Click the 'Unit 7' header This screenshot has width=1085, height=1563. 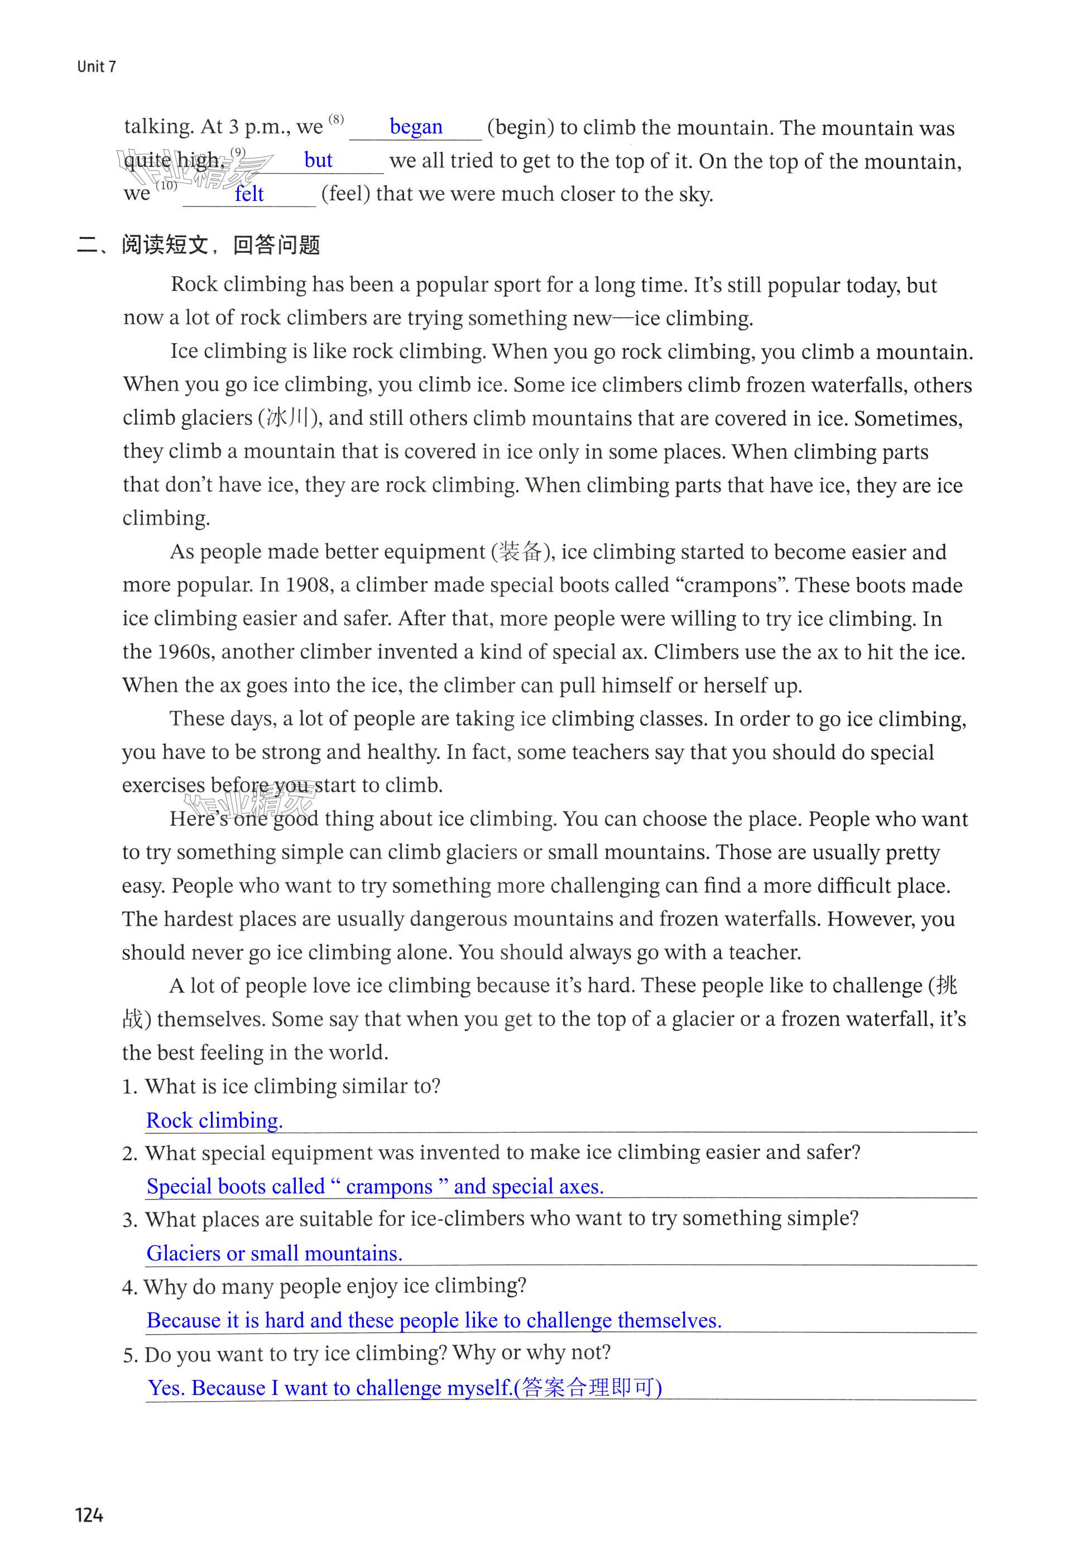point(97,66)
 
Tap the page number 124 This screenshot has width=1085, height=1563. point(89,1515)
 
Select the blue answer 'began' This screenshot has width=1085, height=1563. point(415,127)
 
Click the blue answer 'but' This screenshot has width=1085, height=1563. point(318,160)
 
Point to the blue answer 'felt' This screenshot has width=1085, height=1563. point(249,194)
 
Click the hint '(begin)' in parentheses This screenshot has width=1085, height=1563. point(520,128)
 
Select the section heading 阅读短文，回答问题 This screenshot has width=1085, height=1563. point(220,244)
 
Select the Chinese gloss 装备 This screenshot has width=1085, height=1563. point(520,552)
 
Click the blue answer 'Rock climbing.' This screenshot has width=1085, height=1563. point(214,1120)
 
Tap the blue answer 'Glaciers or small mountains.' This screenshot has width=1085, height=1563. point(275,1253)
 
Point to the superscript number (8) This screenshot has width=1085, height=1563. point(337,119)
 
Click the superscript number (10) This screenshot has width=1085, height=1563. point(166,185)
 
